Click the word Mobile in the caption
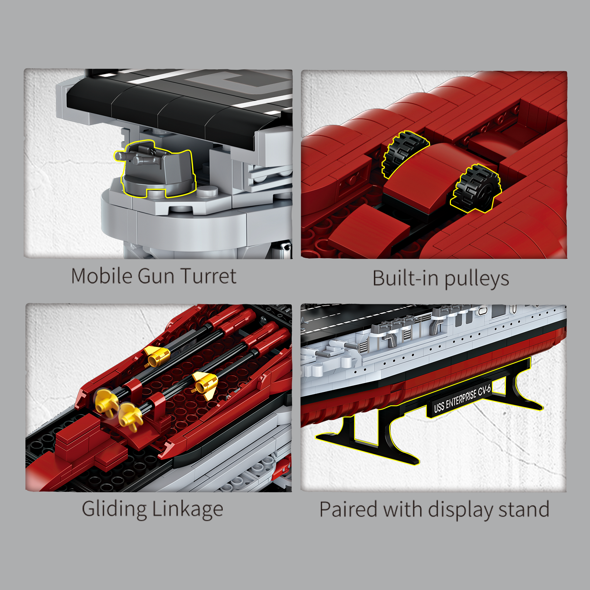click(x=102, y=276)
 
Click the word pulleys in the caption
click(x=477, y=279)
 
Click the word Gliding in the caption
click(x=114, y=510)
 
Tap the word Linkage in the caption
click(x=188, y=510)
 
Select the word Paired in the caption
click(x=348, y=509)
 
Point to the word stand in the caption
click(x=524, y=509)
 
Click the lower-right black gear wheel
click(x=476, y=188)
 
